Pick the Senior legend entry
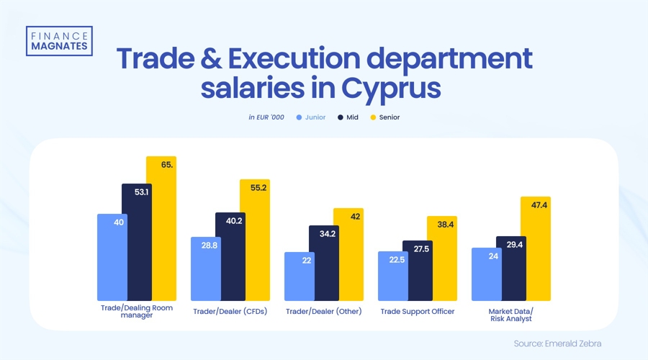tap(384, 117)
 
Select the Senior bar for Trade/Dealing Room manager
tap(161, 230)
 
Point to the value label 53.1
tap(137, 192)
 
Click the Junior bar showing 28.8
tap(206, 269)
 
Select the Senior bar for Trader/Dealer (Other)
tap(348, 255)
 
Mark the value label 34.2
tap(324, 234)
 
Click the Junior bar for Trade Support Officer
tap(393, 276)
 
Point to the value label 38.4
tap(443, 225)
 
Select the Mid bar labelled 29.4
tap(511, 269)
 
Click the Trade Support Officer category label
tap(418, 311)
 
